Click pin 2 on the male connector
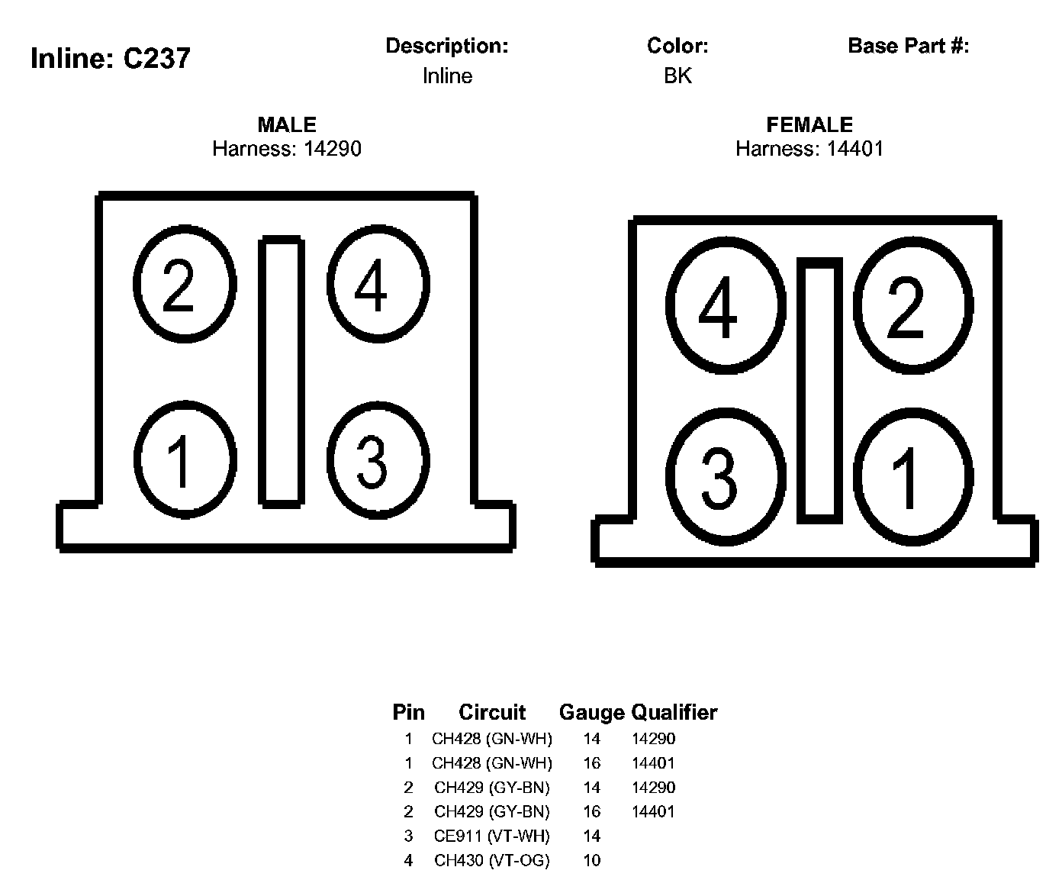point(185,284)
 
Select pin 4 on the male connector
point(378,284)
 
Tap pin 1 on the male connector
point(185,459)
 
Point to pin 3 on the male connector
point(378,460)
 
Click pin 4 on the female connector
point(726,306)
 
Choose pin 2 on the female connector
point(913,306)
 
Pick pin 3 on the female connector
point(726,477)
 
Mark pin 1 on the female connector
point(913,477)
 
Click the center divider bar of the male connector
point(282,372)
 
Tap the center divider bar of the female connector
point(819,391)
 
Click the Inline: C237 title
point(111,58)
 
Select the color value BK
point(677,76)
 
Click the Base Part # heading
point(909,46)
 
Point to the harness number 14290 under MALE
point(333,149)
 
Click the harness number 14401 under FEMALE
point(855,149)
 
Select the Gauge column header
point(591,713)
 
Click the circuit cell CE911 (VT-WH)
point(492,836)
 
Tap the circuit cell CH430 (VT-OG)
point(492,860)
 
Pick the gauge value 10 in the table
point(592,860)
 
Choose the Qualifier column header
point(674,712)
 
